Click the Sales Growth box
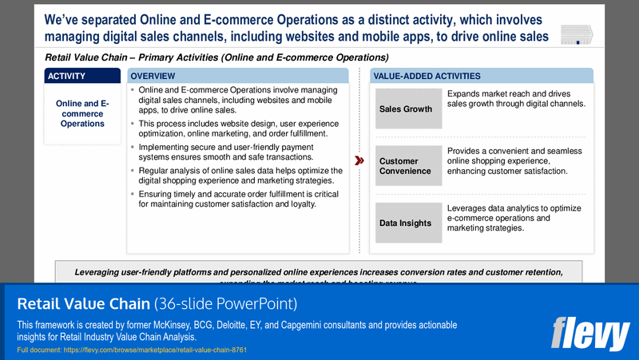coord(408,109)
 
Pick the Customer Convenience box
coord(408,166)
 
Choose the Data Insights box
coord(408,224)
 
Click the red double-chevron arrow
coord(359,160)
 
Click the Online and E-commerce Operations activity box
coord(83,113)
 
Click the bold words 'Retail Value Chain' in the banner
coord(83,304)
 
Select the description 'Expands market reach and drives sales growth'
coord(516,99)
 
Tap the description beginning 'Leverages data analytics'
coord(514,218)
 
